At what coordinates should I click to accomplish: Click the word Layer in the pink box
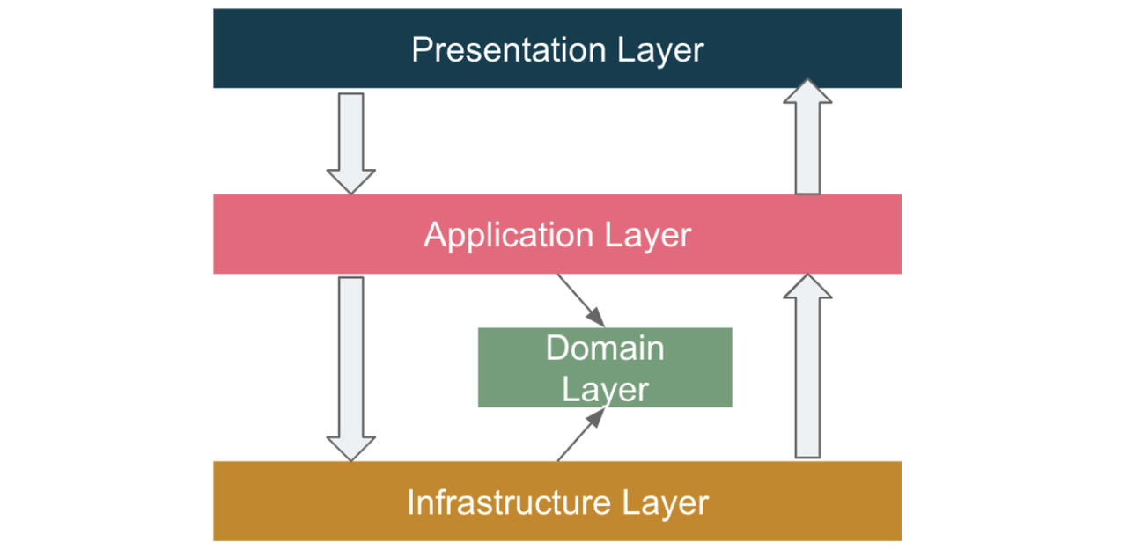coord(648,236)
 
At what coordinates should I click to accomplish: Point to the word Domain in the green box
coord(605,348)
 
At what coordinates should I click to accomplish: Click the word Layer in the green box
coord(605,389)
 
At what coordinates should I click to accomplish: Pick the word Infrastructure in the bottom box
coord(509,503)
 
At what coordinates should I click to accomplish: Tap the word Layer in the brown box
coord(666,503)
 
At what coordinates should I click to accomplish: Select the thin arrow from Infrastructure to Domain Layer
coord(578,438)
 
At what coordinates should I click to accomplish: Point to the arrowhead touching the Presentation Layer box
coord(807,92)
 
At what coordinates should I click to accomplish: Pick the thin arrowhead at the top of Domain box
coord(597,318)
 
